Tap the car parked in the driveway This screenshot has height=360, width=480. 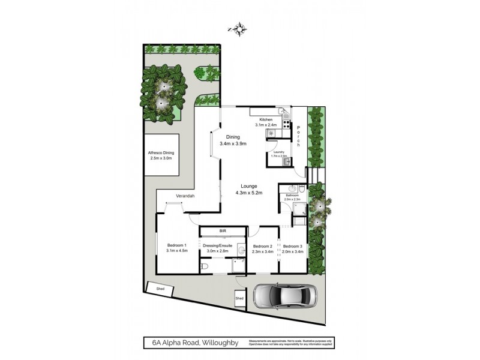(286, 296)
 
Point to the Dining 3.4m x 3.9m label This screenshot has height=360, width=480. (233, 140)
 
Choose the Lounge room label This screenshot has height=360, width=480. (249, 189)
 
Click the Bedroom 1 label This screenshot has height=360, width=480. (177, 248)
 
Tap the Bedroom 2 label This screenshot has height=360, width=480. (263, 249)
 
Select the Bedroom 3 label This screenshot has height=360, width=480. (293, 249)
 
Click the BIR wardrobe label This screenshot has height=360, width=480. (223, 231)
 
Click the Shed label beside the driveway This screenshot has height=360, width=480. (239, 298)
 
